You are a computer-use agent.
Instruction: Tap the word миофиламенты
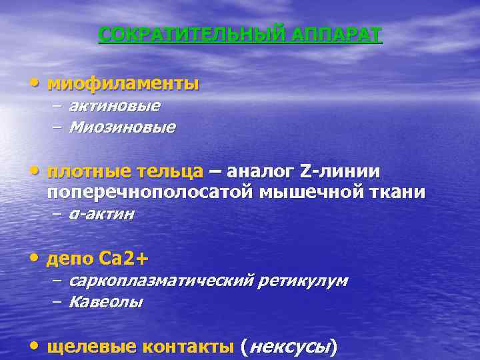tap(123, 85)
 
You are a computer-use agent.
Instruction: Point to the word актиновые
tap(114, 106)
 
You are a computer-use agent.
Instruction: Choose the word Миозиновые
tap(122, 127)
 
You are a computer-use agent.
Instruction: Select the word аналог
tap(259, 172)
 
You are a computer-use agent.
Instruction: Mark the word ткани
tap(399, 193)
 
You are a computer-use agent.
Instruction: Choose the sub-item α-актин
tap(101, 214)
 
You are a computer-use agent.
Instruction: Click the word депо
tap(70, 257)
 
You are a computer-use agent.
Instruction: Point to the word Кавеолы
tap(105, 301)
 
